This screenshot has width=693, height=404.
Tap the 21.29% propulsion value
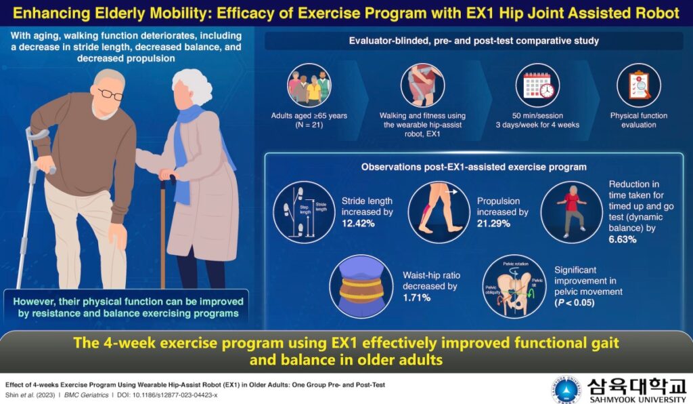coord(494,223)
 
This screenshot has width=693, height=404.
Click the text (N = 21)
coord(309,125)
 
